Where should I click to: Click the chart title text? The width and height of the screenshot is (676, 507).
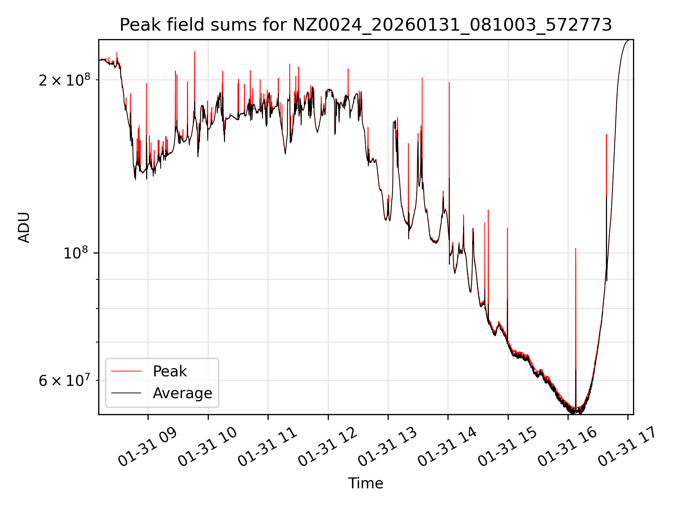[365, 25]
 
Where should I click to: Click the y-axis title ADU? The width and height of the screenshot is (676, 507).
[24, 227]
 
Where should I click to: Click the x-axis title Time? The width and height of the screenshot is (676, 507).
[365, 483]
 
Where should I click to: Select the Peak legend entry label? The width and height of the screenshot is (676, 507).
[170, 371]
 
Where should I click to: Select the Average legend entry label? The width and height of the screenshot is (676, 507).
[182, 393]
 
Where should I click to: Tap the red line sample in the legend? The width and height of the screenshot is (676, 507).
[126, 371]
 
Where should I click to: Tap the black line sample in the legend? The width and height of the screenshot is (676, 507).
[126, 393]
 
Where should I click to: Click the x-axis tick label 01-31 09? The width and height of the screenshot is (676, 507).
[147, 447]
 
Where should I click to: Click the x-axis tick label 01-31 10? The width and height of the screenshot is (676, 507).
[207, 447]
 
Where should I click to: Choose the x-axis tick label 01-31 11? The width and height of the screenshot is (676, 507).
[267, 447]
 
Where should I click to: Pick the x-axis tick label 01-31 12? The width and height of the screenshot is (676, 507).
[327, 447]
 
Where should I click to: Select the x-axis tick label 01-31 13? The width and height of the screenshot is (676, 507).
[387, 447]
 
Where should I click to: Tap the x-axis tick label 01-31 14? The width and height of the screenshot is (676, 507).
[447, 447]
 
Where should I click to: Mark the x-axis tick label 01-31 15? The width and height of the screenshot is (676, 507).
[507, 447]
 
